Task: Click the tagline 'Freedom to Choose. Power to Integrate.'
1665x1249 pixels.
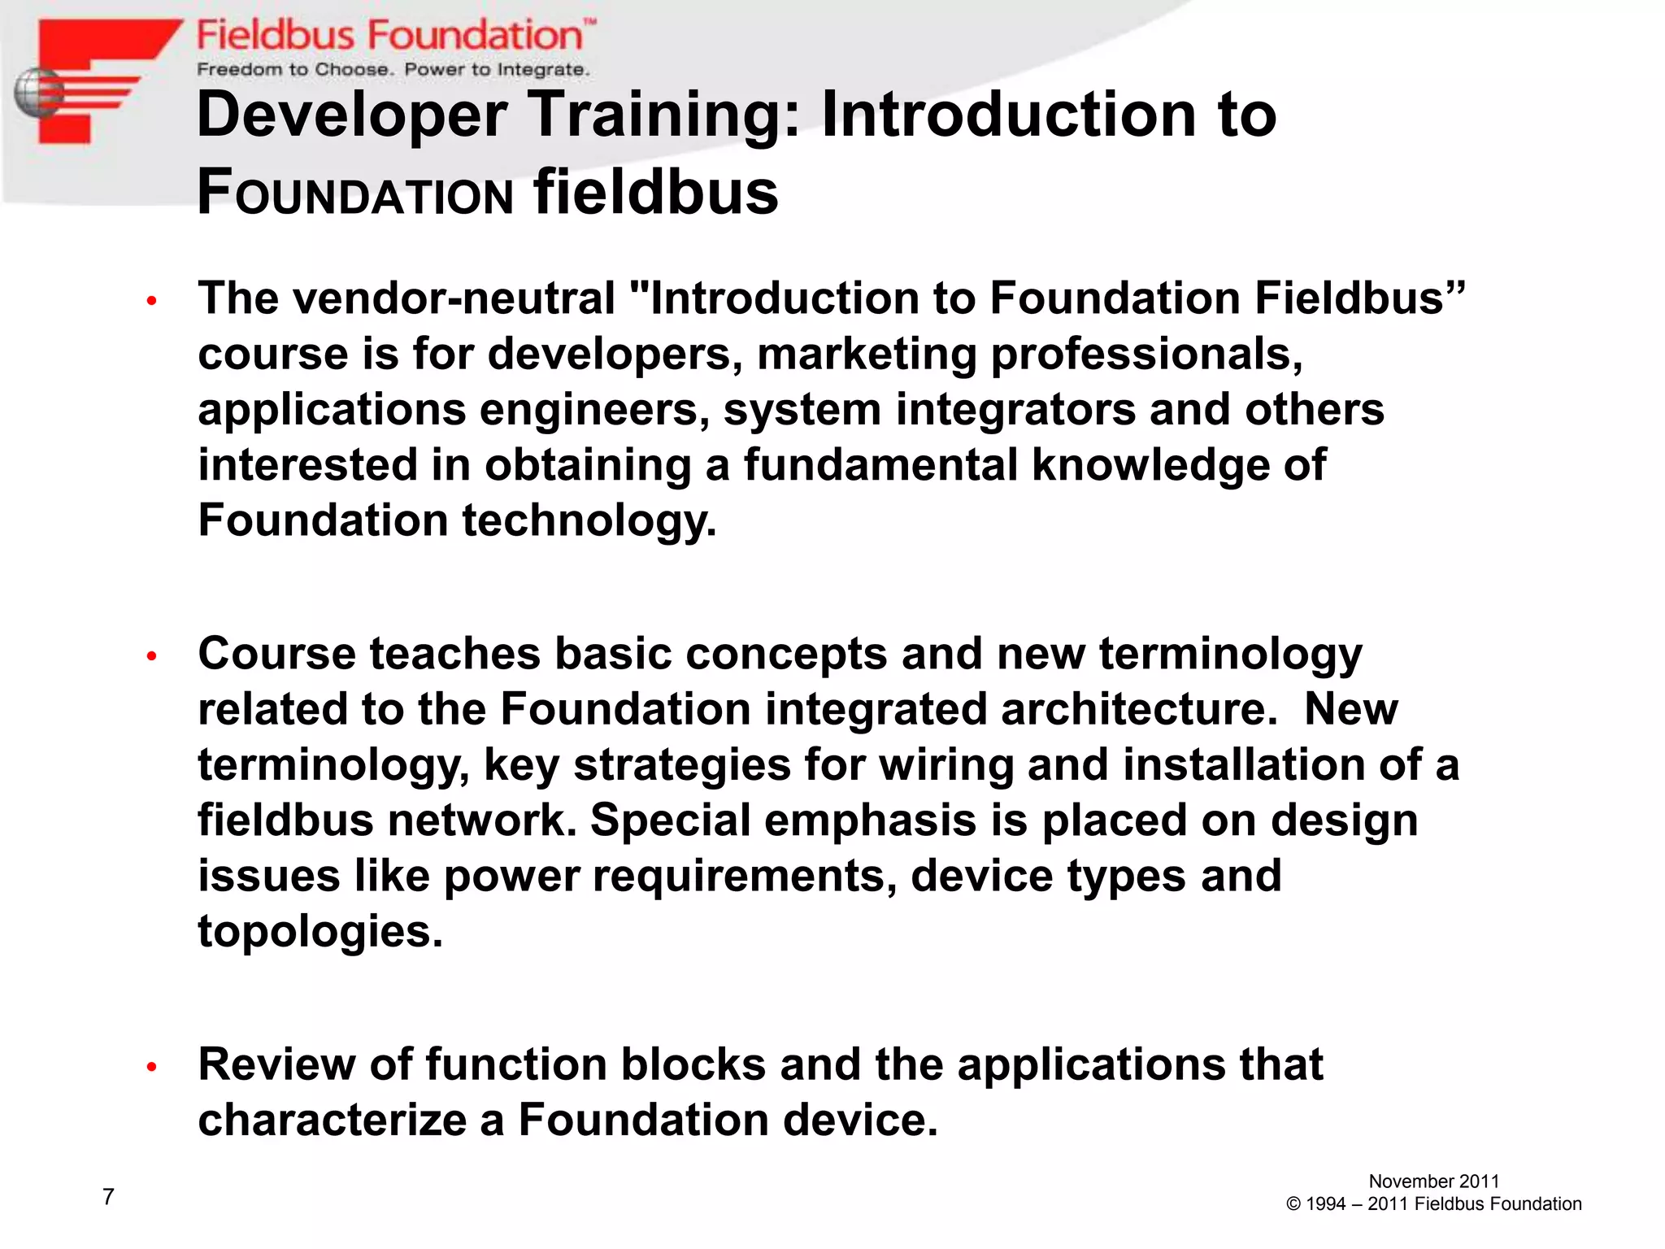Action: tap(393, 70)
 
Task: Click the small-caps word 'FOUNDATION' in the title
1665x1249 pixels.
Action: tap(356, 195)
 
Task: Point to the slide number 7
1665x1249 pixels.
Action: tap(108, 1196)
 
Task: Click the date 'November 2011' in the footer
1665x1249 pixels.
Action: tap(1433, 1182)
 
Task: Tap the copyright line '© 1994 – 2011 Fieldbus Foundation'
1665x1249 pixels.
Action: tap(1433, 1204)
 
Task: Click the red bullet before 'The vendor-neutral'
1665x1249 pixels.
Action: tap(151, 302)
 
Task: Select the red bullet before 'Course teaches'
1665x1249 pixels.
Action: tap(151, 656)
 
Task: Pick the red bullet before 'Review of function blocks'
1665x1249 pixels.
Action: tap(151, 1067)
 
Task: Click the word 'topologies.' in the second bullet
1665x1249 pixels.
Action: tap(320, 932)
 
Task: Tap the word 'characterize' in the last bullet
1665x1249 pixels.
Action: tap(332, 1121)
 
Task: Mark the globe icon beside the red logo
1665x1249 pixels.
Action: tap(37, 94)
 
